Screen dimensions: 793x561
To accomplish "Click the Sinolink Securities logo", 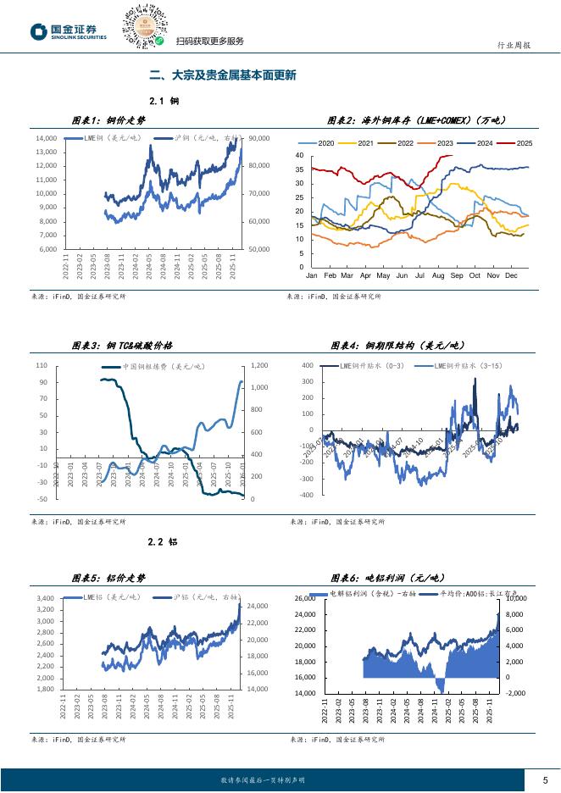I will click(x=69, y=31).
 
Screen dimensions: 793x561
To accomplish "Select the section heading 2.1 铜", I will click(x=163, y=101).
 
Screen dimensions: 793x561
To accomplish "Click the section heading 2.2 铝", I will click(x=163, y=541).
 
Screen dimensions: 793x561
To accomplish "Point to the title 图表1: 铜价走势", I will click(x=108, y=121).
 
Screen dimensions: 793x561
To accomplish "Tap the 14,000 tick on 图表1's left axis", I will click(x=46, y=138).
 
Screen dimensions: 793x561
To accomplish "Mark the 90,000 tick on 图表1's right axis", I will click(x=258, y=138).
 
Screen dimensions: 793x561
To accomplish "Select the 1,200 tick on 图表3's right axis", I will click(x=258, y=365).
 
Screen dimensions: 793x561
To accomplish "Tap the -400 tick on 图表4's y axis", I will click(x=307, y=495).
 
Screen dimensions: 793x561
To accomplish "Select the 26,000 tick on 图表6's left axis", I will click(x=304, y=598).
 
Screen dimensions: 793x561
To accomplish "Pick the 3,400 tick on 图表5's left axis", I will click(x=46, y=598).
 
